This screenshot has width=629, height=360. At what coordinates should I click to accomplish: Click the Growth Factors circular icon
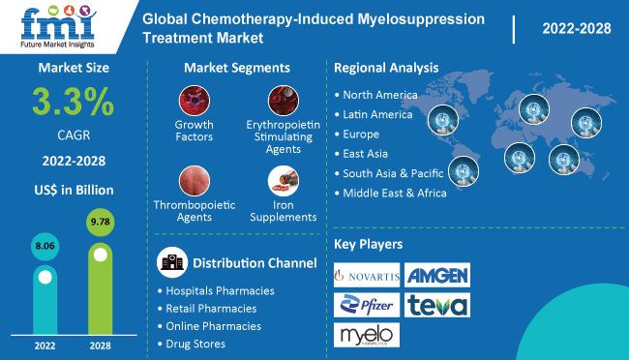[194, 101]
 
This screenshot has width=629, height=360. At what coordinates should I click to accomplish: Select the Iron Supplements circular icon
[281, 182]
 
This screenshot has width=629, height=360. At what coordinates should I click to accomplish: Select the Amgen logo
[436, 276]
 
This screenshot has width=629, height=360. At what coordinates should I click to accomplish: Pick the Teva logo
[436, 306]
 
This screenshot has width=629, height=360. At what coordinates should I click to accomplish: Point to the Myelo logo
[365, 336]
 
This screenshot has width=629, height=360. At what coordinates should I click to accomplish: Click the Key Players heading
[369, 244]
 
